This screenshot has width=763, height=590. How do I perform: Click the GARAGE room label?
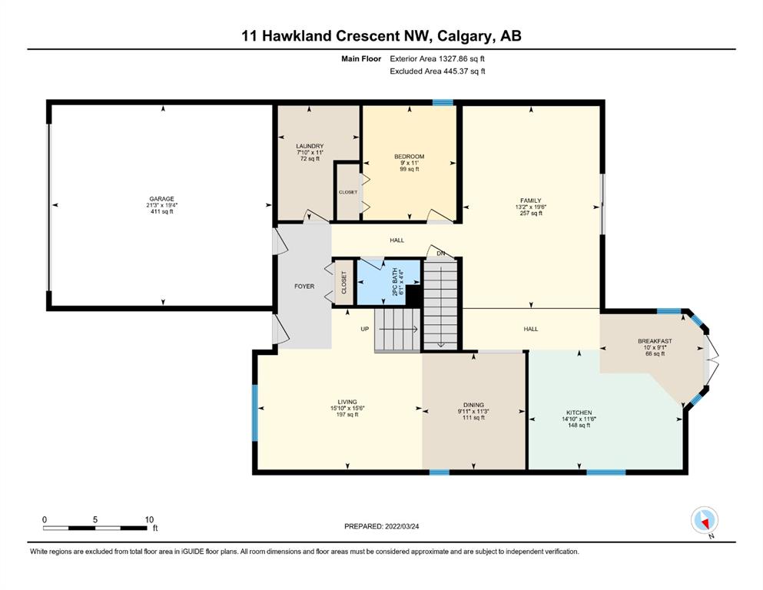[x=161, y=199]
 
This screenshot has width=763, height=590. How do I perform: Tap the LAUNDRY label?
[x=310, y=146]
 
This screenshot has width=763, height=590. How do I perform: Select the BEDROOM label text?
[x=410, y=157]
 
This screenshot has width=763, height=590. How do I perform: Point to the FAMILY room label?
[x=531, y=201]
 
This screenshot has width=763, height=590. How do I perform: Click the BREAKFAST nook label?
[x=655, y=341]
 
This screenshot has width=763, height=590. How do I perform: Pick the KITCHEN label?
[x=579, y=413]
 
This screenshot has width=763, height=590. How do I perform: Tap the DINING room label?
[x=473, y=405]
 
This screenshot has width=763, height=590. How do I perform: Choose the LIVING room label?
[x=347, y=403]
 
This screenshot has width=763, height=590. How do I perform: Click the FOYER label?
[x=304, y=287]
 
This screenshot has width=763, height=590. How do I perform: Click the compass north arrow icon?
[x=705, y=521]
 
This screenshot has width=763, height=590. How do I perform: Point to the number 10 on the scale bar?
[x=149, y=519]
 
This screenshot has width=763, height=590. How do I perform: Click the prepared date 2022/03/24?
[x=402, y=526]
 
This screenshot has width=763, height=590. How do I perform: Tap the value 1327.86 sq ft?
[x=462, y=59]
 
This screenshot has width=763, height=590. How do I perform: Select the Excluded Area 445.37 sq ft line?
[x=437, y=71]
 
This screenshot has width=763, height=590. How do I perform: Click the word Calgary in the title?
[x=464, y=36]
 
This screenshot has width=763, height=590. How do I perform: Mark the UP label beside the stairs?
[x=365, y=330]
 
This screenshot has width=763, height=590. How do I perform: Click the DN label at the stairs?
[x=441, y=254]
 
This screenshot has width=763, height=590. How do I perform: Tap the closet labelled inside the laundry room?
[x=348, y=192]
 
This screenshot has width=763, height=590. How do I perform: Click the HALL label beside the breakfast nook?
[x=531, y=330]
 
